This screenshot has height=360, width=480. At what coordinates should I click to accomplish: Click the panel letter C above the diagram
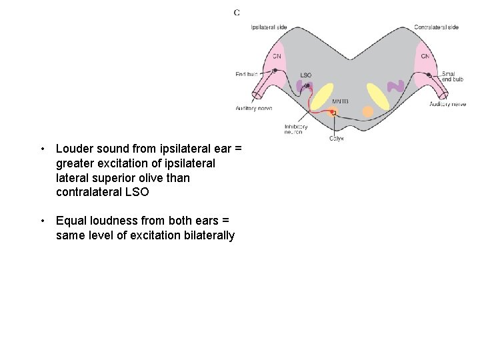tap(237, 12)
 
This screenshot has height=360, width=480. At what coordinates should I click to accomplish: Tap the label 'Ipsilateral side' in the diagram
tap(269, 27)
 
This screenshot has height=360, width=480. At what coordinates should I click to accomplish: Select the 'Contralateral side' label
tap(436, 27)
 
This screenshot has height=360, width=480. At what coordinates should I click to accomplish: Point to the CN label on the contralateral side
tap(425, 56)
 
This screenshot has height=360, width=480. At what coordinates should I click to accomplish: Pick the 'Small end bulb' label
tap(452, 77)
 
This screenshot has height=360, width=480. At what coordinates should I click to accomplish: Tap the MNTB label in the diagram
tap(340, 101)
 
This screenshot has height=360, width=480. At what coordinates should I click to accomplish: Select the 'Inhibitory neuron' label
tap(295, 129)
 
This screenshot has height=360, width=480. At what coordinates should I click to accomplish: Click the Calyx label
tap(337, 138)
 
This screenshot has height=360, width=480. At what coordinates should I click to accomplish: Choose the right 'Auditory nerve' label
tap(447, 105)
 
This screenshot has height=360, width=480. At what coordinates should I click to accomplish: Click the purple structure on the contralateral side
tap(396, 86)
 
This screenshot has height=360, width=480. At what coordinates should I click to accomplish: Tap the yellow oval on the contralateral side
tap(378, 97)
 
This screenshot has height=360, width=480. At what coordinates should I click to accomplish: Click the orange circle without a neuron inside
tap(367, 111)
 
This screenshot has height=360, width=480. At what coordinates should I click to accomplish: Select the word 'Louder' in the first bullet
tap(73, 149)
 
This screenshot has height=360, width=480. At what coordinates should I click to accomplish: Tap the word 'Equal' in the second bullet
tap(70, 221)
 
